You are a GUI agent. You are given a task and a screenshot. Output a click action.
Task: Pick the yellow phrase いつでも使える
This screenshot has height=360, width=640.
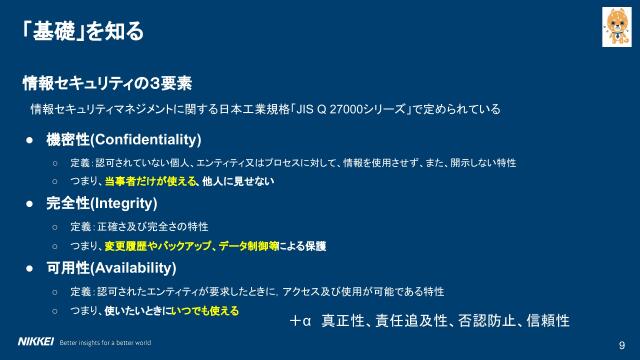click(207, 312)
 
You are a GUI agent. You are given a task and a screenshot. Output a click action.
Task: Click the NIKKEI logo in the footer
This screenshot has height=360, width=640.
click(29, 342)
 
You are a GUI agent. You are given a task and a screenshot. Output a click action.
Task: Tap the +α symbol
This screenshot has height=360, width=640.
click(301, 322)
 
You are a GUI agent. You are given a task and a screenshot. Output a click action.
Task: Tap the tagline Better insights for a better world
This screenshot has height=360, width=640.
click(106, 342)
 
